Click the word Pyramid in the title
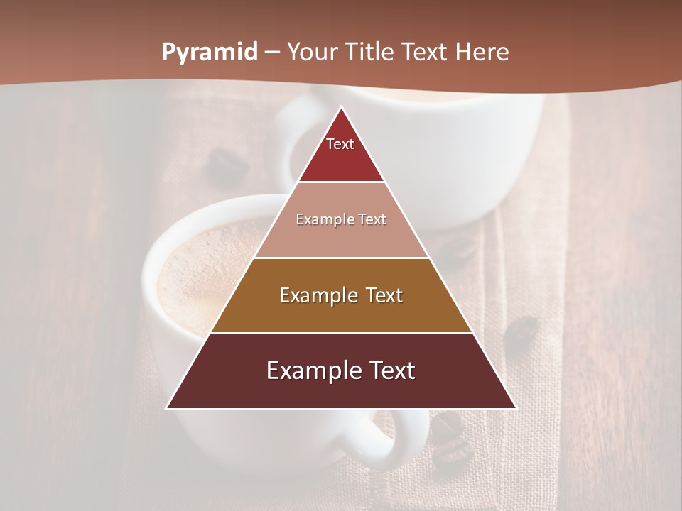209,53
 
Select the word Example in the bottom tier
310,370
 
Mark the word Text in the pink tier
373,220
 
